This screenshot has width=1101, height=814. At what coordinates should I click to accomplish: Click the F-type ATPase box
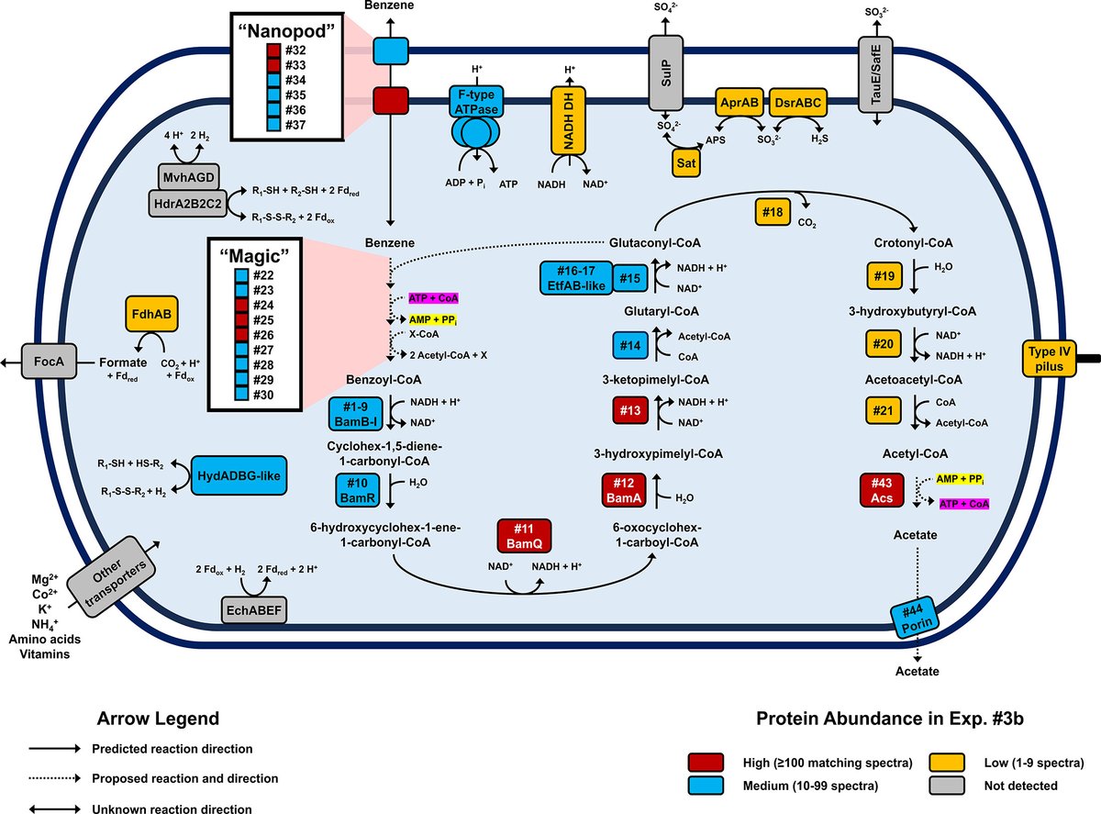click(474, 100)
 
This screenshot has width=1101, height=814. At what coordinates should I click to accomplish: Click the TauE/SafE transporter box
click(873, 73)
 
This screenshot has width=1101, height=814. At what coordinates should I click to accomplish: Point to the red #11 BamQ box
click(523, 537)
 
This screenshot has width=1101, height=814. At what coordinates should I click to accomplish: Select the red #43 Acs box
click(883, 491)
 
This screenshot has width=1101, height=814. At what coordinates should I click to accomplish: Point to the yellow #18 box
click(773, 212)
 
